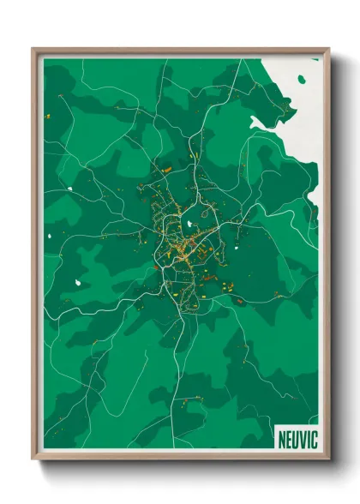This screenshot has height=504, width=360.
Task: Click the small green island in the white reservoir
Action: coord(301,79)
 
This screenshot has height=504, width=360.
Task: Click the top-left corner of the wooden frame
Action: coord(33,49)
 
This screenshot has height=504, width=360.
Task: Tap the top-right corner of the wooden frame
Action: coord(329,49)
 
